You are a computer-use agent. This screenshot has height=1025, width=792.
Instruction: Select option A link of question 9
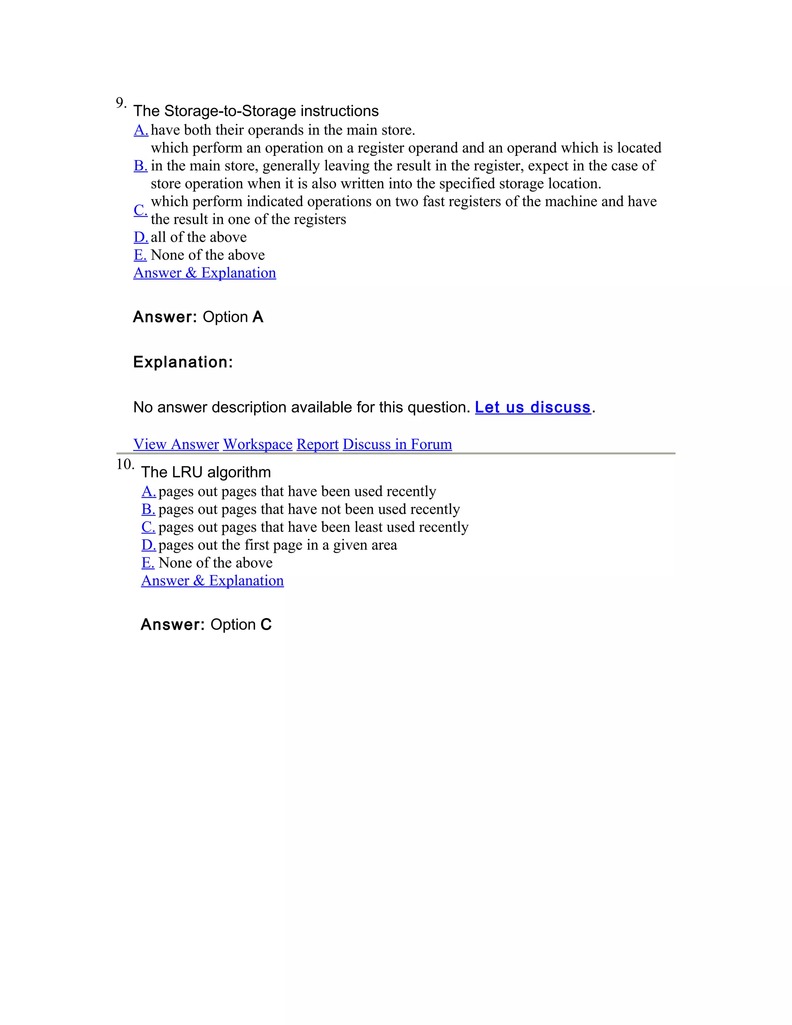point(141,130)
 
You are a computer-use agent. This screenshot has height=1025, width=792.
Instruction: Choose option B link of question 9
point(140,166)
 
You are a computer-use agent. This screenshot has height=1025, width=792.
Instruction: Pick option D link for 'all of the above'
point(141,237)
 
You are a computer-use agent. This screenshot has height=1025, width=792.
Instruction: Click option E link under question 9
point(140,255)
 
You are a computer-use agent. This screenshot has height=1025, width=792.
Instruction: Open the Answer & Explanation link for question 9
point(205,273)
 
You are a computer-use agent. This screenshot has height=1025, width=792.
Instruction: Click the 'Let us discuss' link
point(533,407)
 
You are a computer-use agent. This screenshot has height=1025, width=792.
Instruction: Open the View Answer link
point(176,444)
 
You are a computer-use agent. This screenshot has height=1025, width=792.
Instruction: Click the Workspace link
point(258,444)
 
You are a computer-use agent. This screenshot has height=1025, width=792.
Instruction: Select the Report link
point(317,444)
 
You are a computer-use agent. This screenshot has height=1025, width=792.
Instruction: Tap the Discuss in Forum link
point(397,444)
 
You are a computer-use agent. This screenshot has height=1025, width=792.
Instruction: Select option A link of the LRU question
point(148,491)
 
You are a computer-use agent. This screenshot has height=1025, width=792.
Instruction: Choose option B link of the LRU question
point(148,509)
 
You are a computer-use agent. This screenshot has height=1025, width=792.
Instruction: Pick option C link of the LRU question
point(148,527)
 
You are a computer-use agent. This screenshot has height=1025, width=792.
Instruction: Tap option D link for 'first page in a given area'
point(148,545)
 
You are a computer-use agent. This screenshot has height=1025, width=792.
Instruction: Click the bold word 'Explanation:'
point(183,362)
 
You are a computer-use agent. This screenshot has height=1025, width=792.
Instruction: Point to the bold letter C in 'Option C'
point(266,624)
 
